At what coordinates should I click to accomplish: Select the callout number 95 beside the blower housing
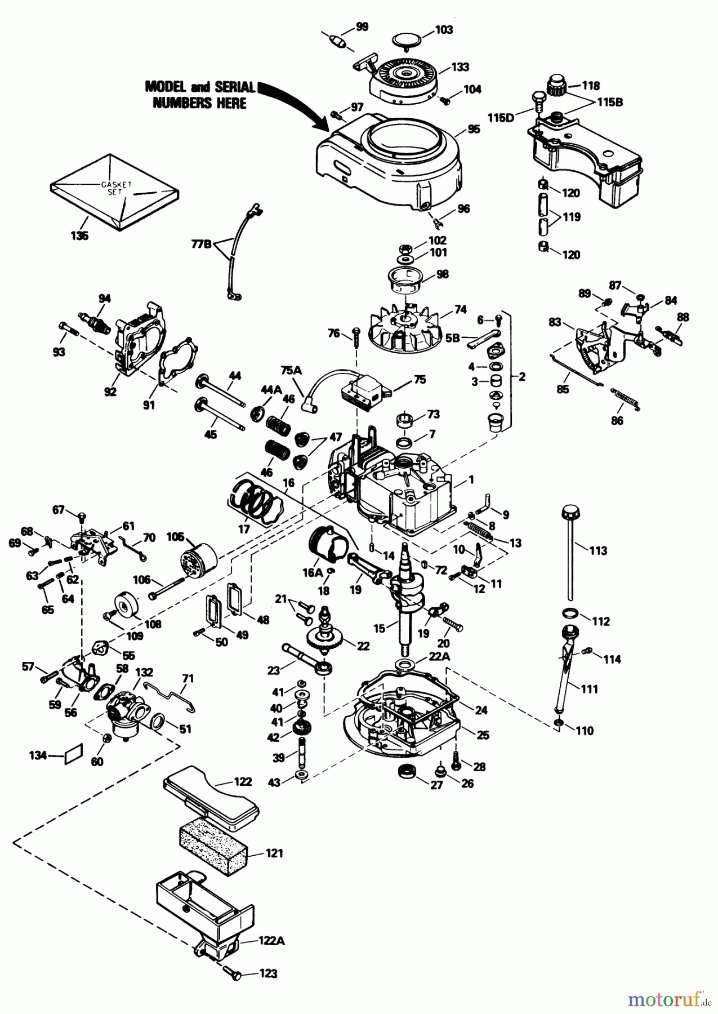pos(474,129)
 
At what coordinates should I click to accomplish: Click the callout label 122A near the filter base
pos(271,940)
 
